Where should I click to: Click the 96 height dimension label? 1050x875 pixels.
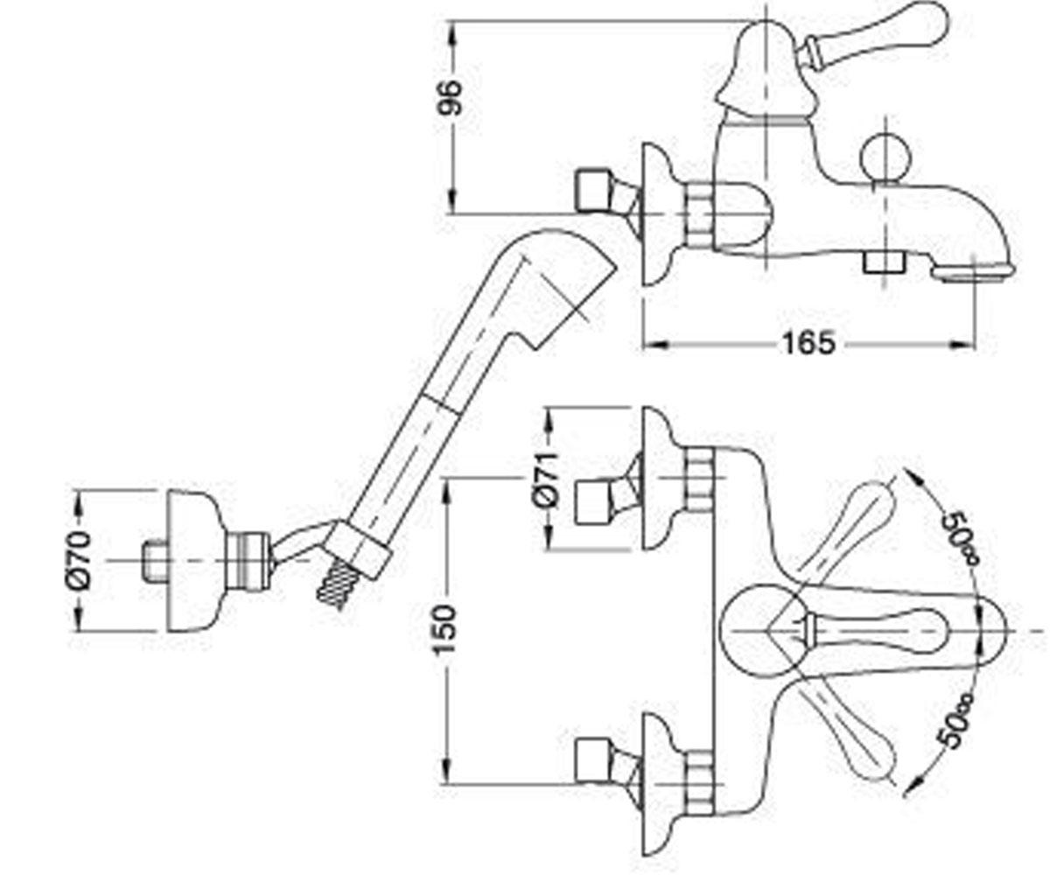[450, 97]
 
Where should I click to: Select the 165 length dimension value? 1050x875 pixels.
[808, 344]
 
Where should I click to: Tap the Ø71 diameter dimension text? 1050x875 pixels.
[545, 480]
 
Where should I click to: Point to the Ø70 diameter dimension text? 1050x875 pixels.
[79, 561]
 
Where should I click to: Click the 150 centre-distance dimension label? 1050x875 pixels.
[444, 630]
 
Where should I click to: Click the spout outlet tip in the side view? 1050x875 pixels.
[973, 272]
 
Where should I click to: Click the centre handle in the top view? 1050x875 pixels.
[875, 631]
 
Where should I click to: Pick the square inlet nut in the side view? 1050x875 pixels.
[593, 190]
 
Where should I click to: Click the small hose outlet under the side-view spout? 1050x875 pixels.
[884, 262]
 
